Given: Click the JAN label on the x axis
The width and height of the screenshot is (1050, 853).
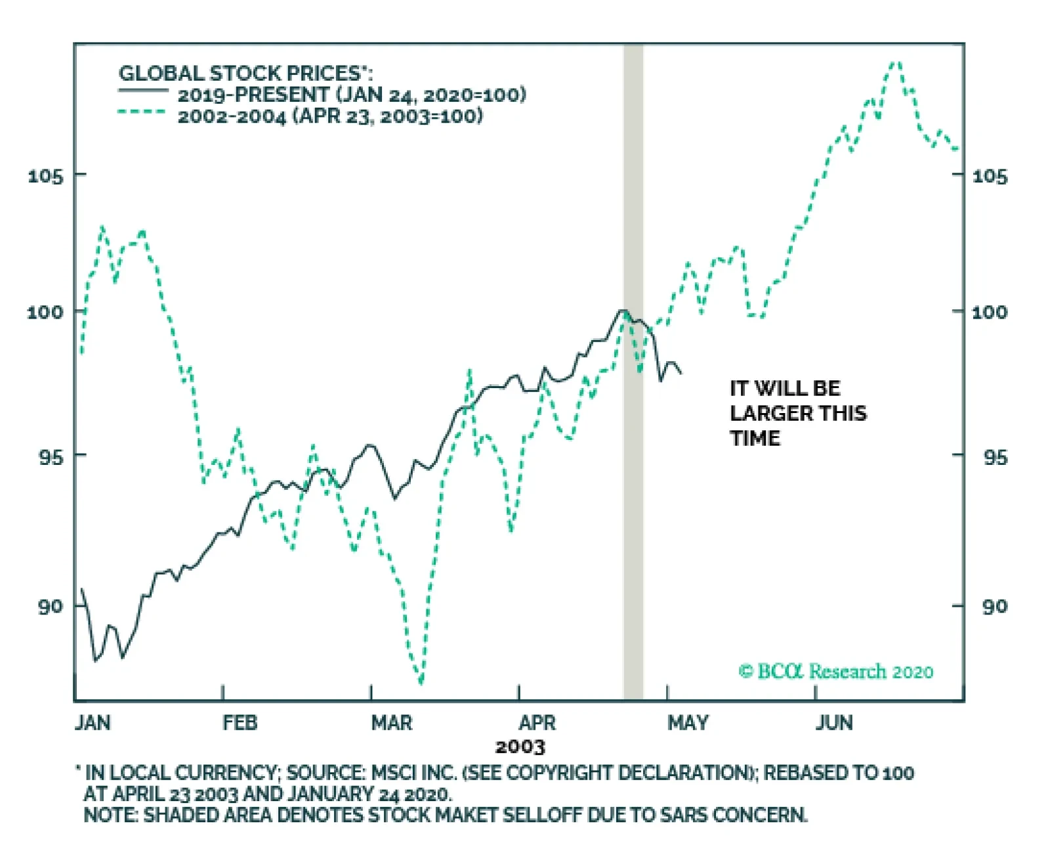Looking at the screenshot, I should click(93, 723).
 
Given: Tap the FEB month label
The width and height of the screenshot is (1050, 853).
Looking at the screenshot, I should click(240, 723).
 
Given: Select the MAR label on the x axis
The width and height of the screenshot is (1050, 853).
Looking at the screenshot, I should click(392, 723).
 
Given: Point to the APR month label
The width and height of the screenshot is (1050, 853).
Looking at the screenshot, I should click(537, 723).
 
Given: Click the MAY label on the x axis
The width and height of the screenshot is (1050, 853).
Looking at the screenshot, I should click(688, 723).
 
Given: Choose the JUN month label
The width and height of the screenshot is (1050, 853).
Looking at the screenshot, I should click(834, 723).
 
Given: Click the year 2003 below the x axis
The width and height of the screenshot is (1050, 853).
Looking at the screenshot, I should click(520, 747).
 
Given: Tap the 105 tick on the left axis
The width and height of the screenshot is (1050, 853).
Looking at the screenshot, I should click(46, 176).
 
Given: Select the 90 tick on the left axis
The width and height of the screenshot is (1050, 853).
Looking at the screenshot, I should click(50, 606).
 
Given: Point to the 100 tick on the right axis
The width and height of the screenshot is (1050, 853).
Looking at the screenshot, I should click(989, 312).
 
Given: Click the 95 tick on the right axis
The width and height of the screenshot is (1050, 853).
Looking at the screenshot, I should click(995, 457).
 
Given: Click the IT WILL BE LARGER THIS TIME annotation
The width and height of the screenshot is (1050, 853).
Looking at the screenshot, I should click(798, 413).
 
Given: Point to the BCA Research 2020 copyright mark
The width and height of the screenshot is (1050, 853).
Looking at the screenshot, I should click(835, 671).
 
